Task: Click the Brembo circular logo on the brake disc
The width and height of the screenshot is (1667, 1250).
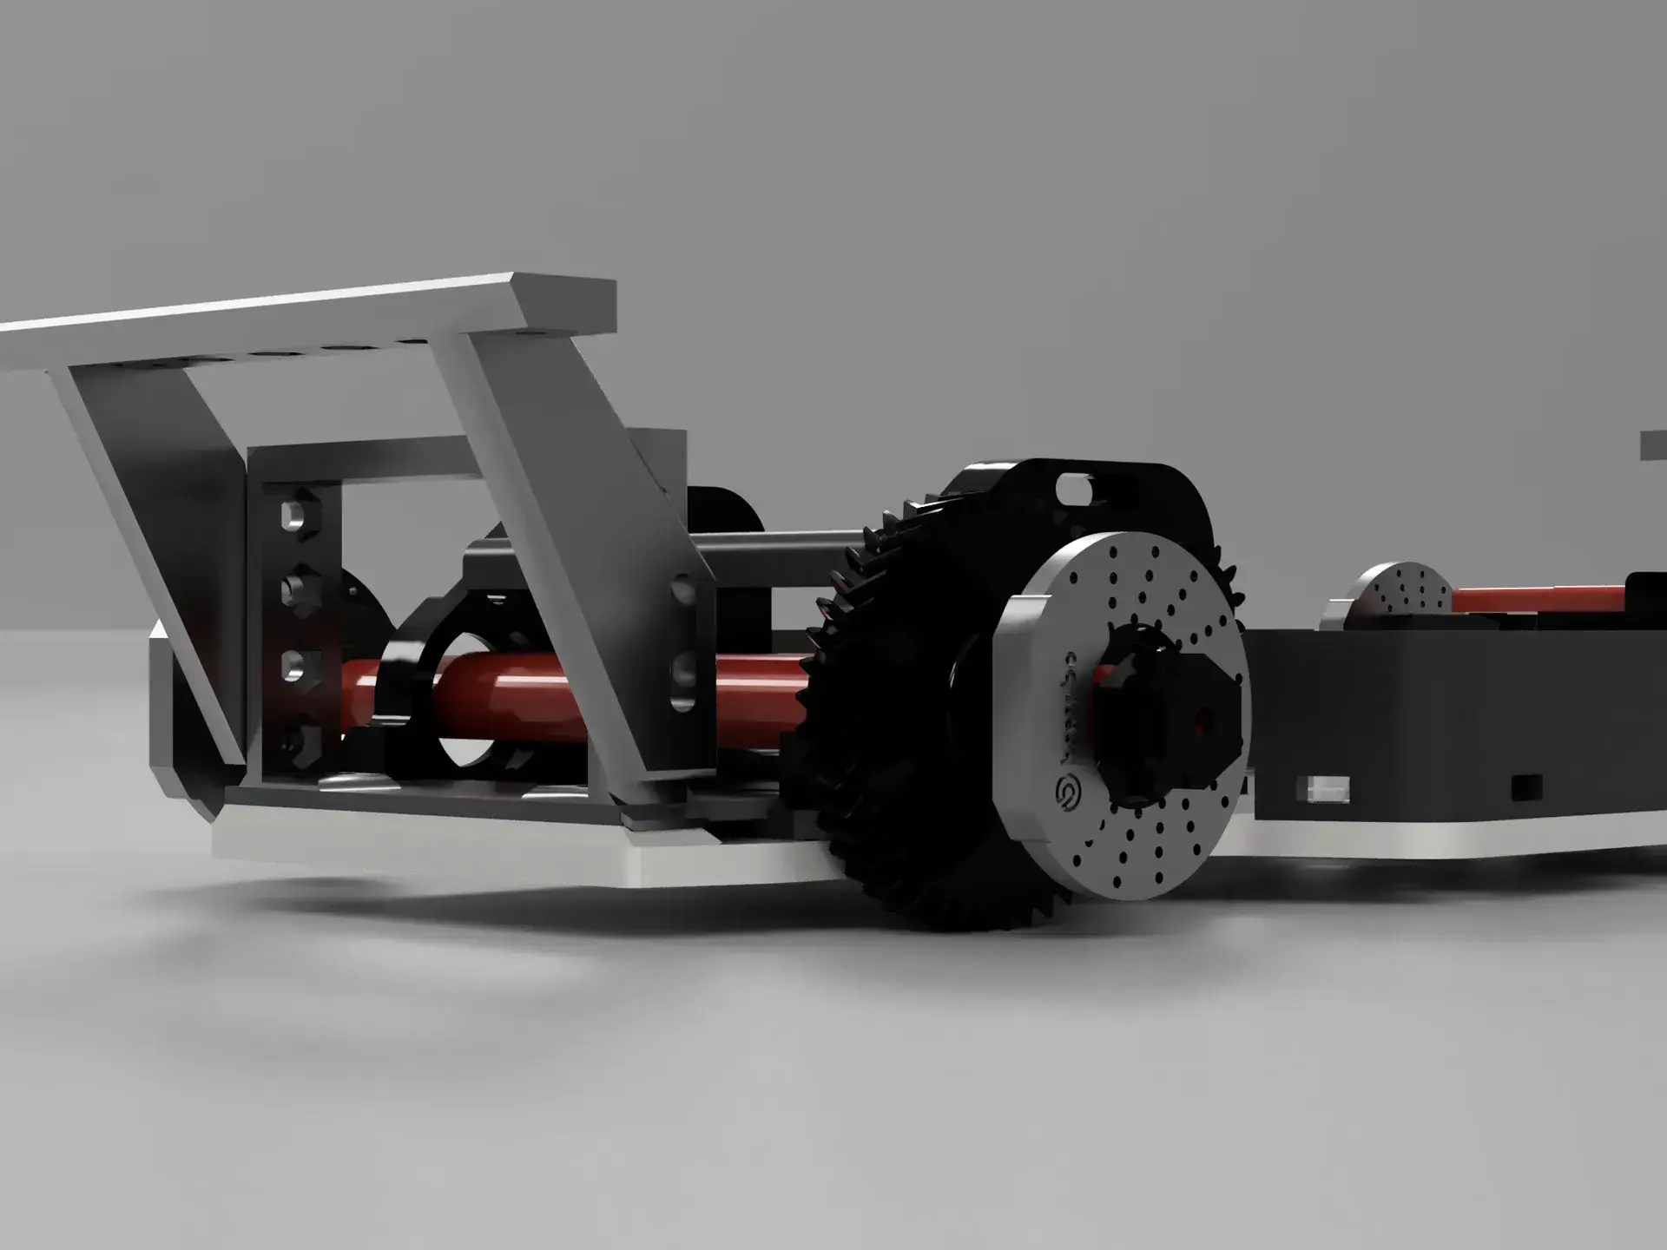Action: [x=1066, y=793]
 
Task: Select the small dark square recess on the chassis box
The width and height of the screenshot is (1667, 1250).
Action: [x=1525, y=786]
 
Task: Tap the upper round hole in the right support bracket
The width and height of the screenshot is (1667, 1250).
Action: [x=683, y=593]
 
